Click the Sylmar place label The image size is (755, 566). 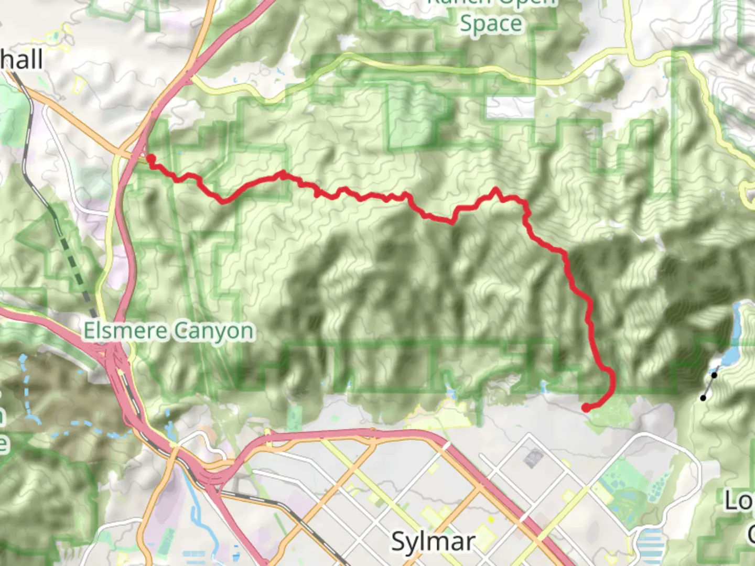click(x=433, y=541)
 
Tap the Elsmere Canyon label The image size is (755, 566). click(x=169, y=331)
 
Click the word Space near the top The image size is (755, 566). click(x=491, y=24)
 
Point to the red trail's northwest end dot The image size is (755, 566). click(x=150, y=158)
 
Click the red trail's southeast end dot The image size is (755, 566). click(x=586, y=408)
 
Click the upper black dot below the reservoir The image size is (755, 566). click(x=714, y=375)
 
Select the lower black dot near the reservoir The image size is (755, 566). click(x=703, y=398)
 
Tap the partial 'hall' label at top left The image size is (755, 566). click(x=21, y=59)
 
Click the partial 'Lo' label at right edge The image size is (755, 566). click(x=739, y=502)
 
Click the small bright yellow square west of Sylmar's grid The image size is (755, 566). click(x=491, y=519)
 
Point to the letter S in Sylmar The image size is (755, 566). click(x=400, y=541)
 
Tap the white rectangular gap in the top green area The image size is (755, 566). click(x=509, y=107)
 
